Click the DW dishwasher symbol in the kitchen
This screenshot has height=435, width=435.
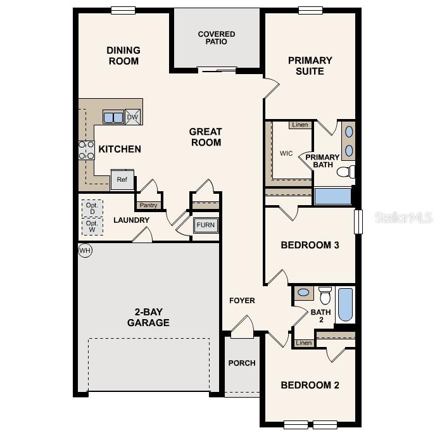coord(132,117)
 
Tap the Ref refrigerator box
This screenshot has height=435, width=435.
coord(122,180)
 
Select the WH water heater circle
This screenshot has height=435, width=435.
coord(85,251)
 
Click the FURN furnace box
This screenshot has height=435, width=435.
coord(205,225)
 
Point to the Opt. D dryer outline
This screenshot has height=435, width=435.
coord(92,208)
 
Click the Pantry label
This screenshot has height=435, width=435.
coord(148,205)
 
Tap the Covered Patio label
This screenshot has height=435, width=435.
coord(217,38)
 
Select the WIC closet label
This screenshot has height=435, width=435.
coord(286,153)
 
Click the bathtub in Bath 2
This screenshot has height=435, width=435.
coord(345,304)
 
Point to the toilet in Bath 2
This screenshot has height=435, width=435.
coord(325,294)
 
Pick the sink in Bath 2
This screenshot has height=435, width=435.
coord(304,293)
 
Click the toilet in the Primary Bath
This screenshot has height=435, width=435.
coord(345,172)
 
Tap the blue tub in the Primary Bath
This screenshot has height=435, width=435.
coord(332,196)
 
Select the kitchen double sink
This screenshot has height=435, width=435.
coord(113,117)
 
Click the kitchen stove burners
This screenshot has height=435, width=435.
coord(86,150)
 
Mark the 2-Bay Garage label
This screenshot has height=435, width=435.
coord(148,317)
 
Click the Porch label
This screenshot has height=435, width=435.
coord(242,363)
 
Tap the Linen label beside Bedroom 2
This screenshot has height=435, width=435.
coord(304,343)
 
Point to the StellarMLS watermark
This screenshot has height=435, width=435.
coord(403,217)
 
